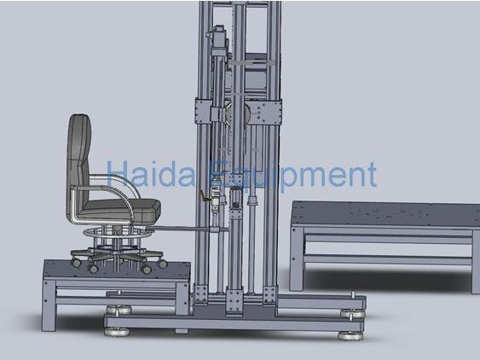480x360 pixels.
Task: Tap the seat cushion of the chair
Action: pyautogui.click(x=128, y=206)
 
